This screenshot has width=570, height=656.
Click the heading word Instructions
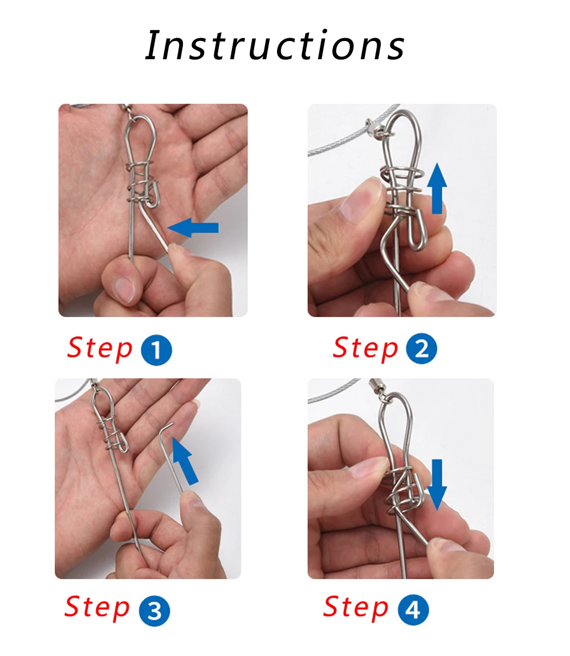[275, 45]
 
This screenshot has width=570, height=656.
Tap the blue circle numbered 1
[156, 350]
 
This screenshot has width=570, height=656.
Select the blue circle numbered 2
[421, 348]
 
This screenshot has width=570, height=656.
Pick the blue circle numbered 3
[154, 611]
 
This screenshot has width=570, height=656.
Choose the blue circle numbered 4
[413, 609]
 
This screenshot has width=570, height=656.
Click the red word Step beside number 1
[100, 349]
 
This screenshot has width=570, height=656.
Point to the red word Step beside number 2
[365, 348]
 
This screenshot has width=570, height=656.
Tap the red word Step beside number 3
[97, 608]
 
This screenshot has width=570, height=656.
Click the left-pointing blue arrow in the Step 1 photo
[193, 228]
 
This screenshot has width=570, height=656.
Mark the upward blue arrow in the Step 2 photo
[437, 188]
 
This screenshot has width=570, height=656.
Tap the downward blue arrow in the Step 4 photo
[437, 485]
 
